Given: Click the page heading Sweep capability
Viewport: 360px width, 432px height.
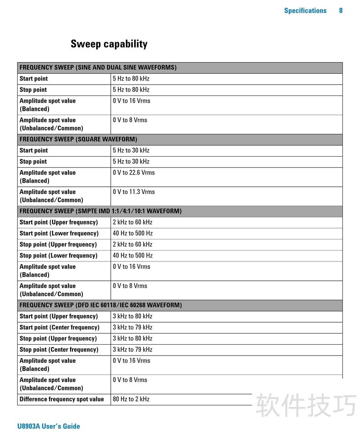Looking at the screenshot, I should coord(109,44).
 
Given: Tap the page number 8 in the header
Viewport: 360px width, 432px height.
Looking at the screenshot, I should coord(341,10).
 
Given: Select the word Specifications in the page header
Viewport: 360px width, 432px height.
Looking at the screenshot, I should coord(305,10).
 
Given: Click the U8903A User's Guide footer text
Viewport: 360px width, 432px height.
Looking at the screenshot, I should coord(49,426).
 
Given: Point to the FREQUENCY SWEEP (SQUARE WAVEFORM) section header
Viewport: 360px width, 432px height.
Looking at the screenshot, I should coord(78,139).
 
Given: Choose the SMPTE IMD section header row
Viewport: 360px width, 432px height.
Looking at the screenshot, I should coord(100,211).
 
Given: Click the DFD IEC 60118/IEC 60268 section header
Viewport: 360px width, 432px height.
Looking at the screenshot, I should coord(101,305).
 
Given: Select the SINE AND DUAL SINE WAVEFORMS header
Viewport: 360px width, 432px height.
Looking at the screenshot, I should coord(98,67).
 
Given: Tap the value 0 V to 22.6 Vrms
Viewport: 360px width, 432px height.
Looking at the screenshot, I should coord(134,173).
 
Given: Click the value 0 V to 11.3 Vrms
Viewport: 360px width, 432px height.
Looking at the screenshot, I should coord(134,192).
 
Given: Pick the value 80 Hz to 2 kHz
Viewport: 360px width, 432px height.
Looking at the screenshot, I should coord(131,399).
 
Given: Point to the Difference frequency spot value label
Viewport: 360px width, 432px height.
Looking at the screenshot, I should coord(62,399).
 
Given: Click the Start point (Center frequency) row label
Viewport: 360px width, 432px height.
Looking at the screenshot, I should coord(59,328).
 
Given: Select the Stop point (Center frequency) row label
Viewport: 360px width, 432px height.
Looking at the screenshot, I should coord(59,350).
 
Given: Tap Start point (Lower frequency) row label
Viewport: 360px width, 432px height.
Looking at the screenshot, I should coord(59,234).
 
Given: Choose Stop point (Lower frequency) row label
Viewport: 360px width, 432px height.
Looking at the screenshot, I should coord(58,256).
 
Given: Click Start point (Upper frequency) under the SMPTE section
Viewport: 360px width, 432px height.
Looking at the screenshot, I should coord(58,222).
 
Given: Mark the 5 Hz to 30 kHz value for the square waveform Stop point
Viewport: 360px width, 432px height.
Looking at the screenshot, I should coord(131,162).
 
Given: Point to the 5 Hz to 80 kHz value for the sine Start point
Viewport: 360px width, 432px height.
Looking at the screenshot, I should coord(131,79).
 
